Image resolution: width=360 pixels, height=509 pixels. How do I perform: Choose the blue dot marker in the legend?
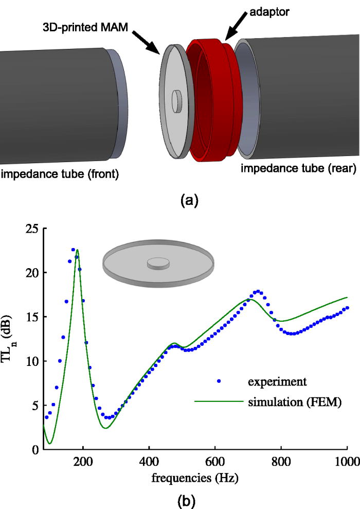[x=219, y=381]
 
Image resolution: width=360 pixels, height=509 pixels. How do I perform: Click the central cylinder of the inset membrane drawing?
[x=157, y=264]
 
